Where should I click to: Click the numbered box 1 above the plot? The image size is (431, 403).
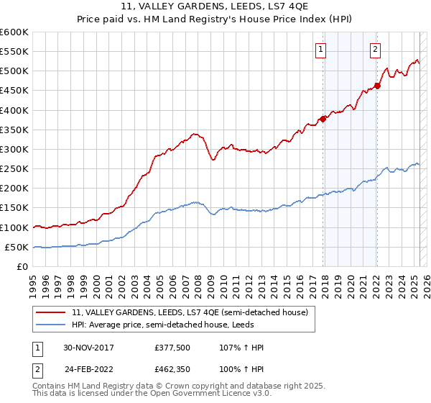point(320,50)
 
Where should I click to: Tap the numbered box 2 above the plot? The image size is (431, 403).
point(376,50)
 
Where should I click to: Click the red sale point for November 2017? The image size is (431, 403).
point(323,119)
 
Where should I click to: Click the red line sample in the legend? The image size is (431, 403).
point(51,312)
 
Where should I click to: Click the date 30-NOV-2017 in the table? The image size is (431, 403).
point(89,348)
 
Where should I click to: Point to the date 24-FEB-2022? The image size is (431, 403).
point(89,371)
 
